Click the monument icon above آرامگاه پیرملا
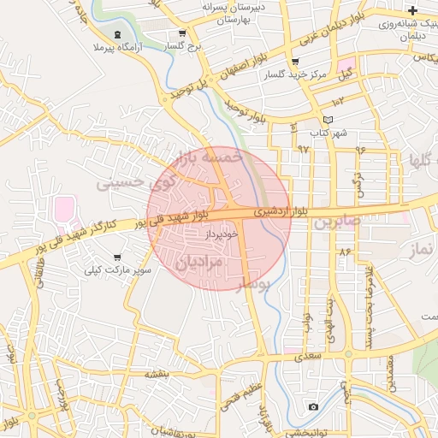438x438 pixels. [116, 35]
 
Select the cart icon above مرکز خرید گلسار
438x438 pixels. [295, 62]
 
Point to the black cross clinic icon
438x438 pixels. [413, 11]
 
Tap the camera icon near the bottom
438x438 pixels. [313, 406]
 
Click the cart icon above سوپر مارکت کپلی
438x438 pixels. [117, 257]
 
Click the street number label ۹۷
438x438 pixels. [303, 148]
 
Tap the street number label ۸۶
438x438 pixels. [345, 252]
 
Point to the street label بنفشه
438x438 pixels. [157, 374]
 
